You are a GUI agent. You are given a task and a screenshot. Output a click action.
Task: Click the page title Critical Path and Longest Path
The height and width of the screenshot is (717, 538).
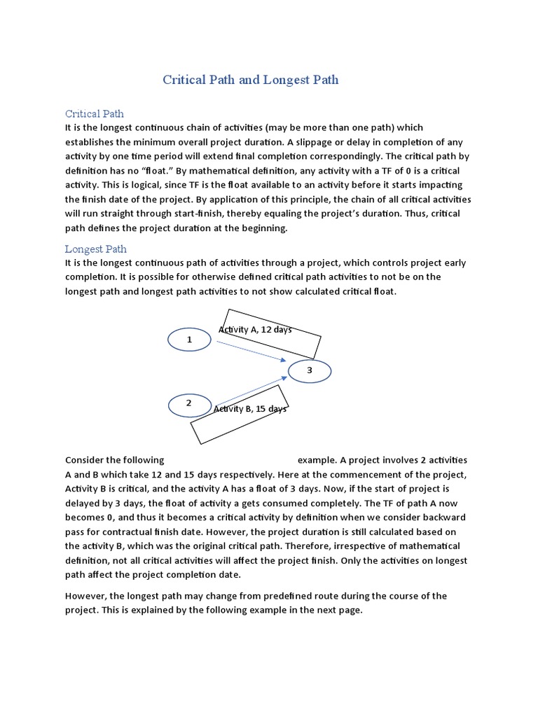coord(251,80)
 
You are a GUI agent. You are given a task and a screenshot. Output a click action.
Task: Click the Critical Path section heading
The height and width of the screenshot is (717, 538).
coord(95,113)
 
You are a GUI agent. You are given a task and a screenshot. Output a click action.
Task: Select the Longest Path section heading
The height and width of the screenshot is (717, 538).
coord(96,249)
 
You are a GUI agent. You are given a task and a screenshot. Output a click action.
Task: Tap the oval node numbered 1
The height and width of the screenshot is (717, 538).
coord(189,340)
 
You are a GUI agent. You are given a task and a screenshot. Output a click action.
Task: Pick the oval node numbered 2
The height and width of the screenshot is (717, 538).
coord(189,404)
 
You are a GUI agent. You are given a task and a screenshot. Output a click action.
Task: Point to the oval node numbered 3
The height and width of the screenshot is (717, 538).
coord(309,370)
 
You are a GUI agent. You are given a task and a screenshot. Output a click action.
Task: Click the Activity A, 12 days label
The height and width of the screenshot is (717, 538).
coord(256,330)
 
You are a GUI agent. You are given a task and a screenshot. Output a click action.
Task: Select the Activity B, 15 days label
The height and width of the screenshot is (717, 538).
coord(250,409)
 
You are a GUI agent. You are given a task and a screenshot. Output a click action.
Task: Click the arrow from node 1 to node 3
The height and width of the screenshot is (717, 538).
coord(252,351)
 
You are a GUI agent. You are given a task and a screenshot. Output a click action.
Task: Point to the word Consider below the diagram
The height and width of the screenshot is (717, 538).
coord(85,460)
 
